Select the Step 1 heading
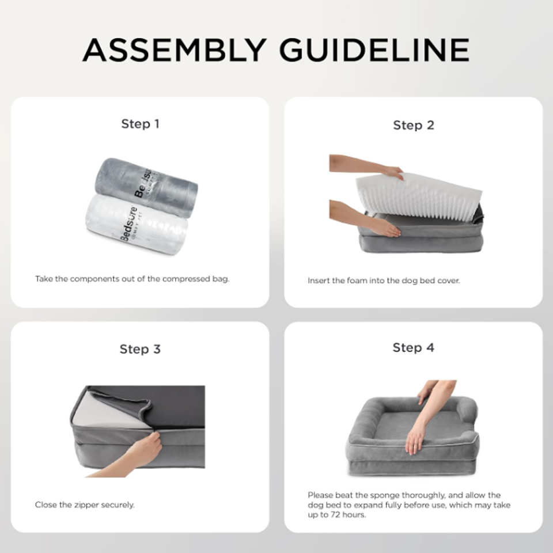point(141,124)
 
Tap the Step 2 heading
point(414,125)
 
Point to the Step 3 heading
point(140,349)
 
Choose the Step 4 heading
point(414,348)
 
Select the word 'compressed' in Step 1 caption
point(186,279)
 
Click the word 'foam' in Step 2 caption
point(357,281)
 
